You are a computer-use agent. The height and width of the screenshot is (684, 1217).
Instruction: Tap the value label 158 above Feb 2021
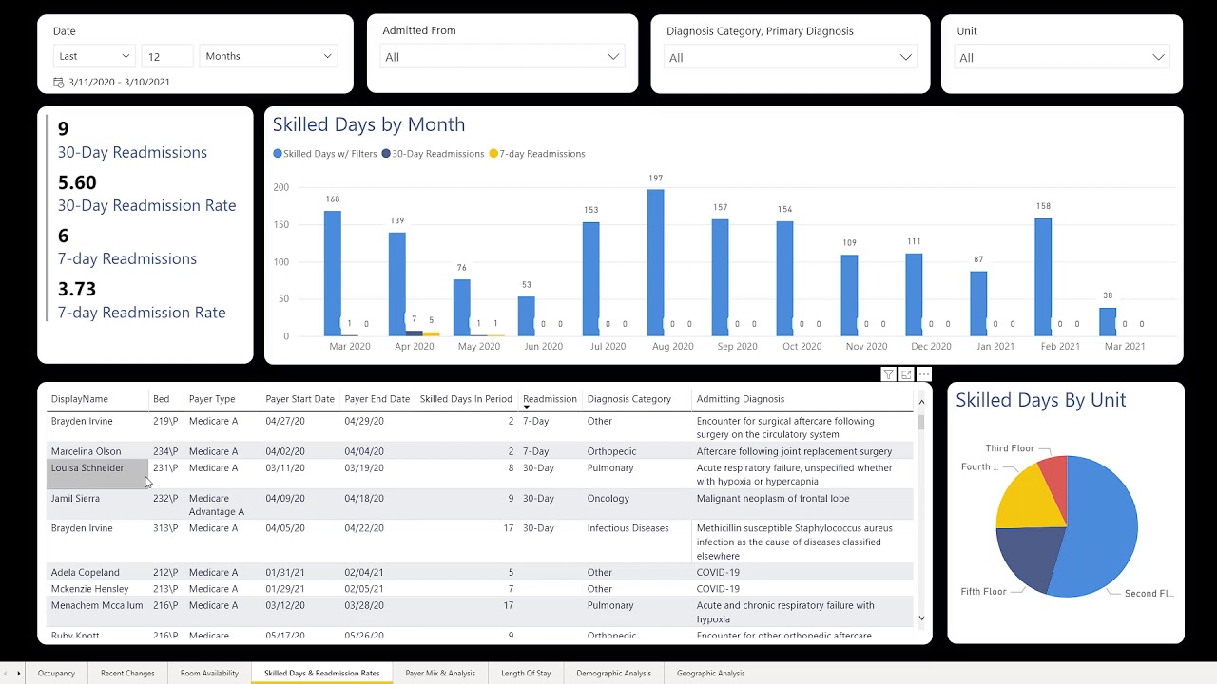pyautogui.click(x=1043, y=206)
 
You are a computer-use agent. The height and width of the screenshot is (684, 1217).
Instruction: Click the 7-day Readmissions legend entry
pyautogui.click(x=536, y=154)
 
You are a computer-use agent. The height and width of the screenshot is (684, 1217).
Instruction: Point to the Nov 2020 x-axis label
pyautogui.click(x=866, y=347)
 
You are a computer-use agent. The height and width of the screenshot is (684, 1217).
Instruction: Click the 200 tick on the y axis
pyautogui.click(x=280, y=187)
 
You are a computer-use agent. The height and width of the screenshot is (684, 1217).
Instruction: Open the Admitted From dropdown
pyautogui.click(x=502, y=57)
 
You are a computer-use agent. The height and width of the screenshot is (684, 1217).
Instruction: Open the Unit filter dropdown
pyautogui.click(x=1061, y=58)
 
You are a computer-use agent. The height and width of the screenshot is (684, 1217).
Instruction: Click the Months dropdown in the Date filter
pyautogui.click(x=268, y=56)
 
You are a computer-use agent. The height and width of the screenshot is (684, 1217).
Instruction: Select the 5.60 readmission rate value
pyautogui.click(x=77, y=182)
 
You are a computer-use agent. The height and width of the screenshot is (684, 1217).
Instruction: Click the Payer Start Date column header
pyautogui.click(x=299, y=399)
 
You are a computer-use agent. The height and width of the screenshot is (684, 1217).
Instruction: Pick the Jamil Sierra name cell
pyautogui.click(x=75, y=498)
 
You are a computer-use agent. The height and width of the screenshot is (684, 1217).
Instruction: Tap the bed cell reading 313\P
pyautogui.click(x=165, y=528)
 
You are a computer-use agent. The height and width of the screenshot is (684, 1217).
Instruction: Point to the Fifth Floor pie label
pyautogui.click(x=983, y=592)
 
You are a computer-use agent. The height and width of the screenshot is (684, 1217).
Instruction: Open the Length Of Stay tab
pyautogui.click(x=526, y=674)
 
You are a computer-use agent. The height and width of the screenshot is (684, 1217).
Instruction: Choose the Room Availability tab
pyautogui.click(x=209, y=674)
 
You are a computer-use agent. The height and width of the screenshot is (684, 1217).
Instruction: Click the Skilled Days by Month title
pyautogui.click(x=369, y=124)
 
